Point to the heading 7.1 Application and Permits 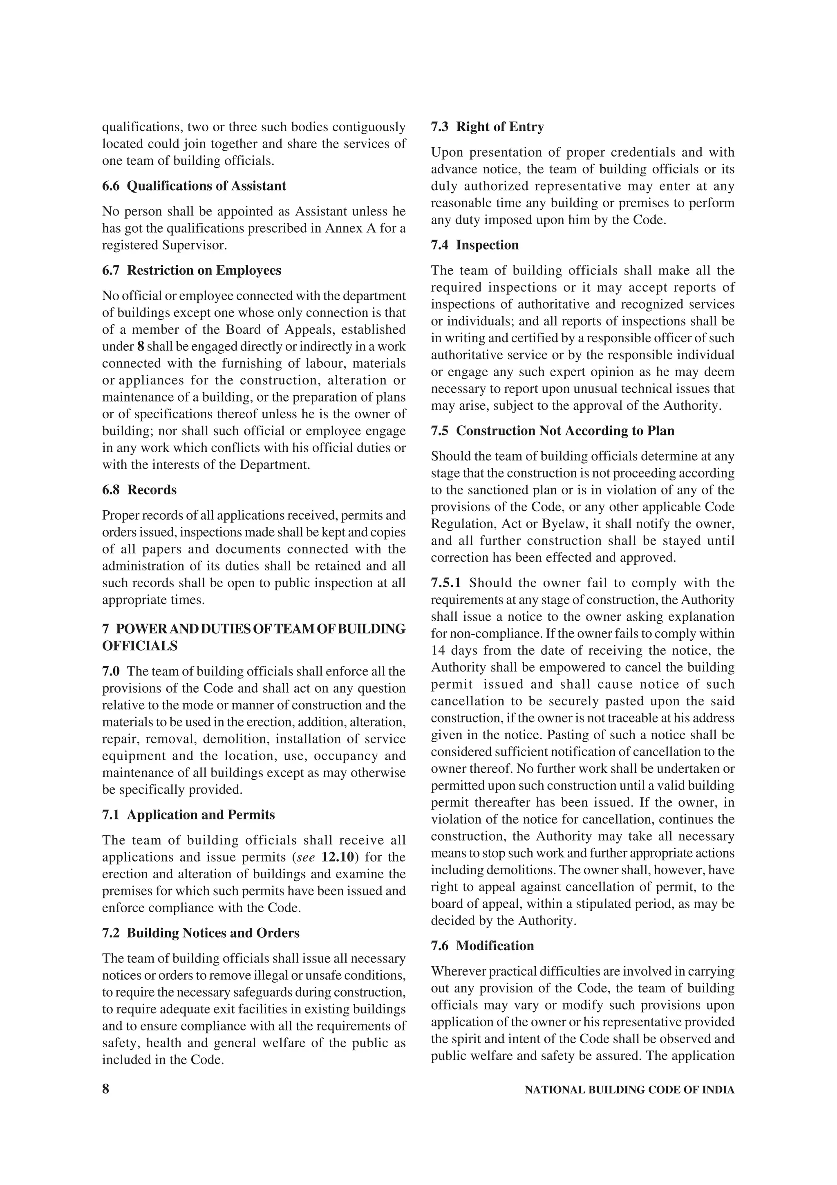pos(188,815)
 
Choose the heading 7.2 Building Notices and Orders pos(201,933)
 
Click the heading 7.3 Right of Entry pos(487,127)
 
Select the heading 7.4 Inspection pos(474,245)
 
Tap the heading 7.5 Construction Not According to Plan pos(552,431)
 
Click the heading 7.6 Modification pos(482,946)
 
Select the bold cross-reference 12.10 pos(338,857)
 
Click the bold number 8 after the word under pos(140,347)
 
